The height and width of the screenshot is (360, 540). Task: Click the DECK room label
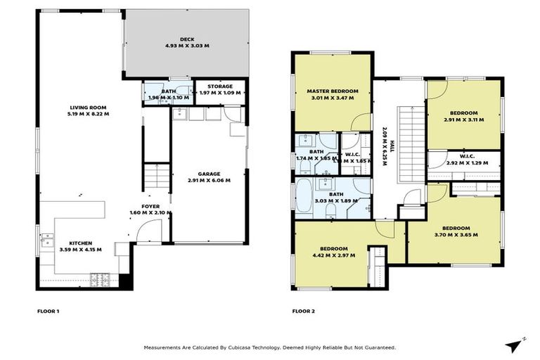(x=186, y=39)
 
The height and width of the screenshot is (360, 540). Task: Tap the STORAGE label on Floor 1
(x=219, y=87)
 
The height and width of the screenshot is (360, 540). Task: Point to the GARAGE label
(x=209, y=174)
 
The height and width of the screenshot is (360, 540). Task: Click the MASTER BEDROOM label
(x=333, y=91)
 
